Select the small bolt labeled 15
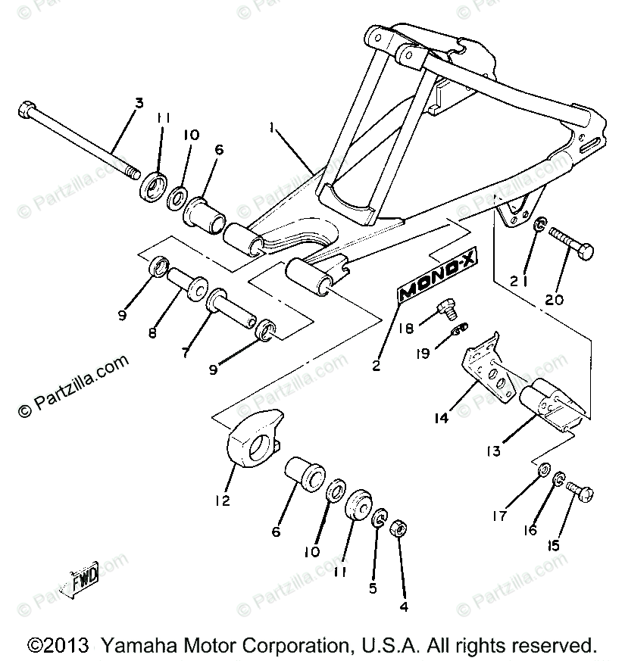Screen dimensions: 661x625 (579, 493)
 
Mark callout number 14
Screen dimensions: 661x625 (440, 416)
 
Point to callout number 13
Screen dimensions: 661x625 (495, 451)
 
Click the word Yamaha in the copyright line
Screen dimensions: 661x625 (129, 646)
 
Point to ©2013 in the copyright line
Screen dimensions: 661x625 (56, 646)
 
